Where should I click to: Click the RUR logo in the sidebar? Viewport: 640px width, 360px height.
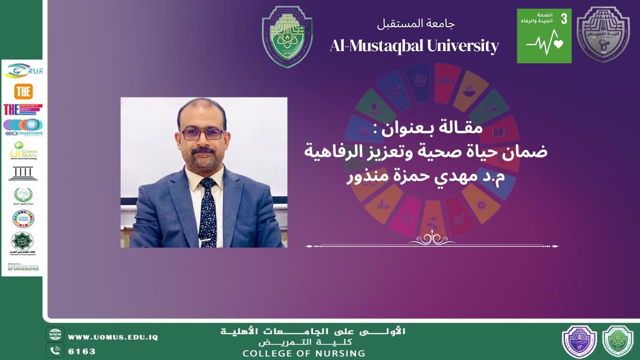[23, 71]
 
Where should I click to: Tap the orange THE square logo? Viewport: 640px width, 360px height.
[23, 91]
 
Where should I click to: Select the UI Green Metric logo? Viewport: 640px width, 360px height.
[23, 150]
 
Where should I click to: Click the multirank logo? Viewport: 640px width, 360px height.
[23, 127]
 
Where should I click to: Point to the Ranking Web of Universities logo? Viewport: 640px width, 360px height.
[23, 267]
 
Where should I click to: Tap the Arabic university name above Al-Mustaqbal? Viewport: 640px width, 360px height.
[416, 23]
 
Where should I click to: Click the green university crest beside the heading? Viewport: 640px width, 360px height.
[287, 36]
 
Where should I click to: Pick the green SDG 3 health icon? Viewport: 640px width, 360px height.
[544, 36]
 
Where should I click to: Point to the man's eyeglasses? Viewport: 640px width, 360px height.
[202, 134]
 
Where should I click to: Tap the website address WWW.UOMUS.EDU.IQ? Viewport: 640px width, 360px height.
[113, 337]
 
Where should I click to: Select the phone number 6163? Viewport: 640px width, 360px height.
[82, 351]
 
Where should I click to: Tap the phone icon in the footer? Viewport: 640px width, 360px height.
[55, 350]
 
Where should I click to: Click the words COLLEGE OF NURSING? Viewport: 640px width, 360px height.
[304, 353]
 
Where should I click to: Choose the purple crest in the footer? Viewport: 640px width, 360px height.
[579, 342]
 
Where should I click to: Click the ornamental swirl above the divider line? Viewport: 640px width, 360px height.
[432, 239]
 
